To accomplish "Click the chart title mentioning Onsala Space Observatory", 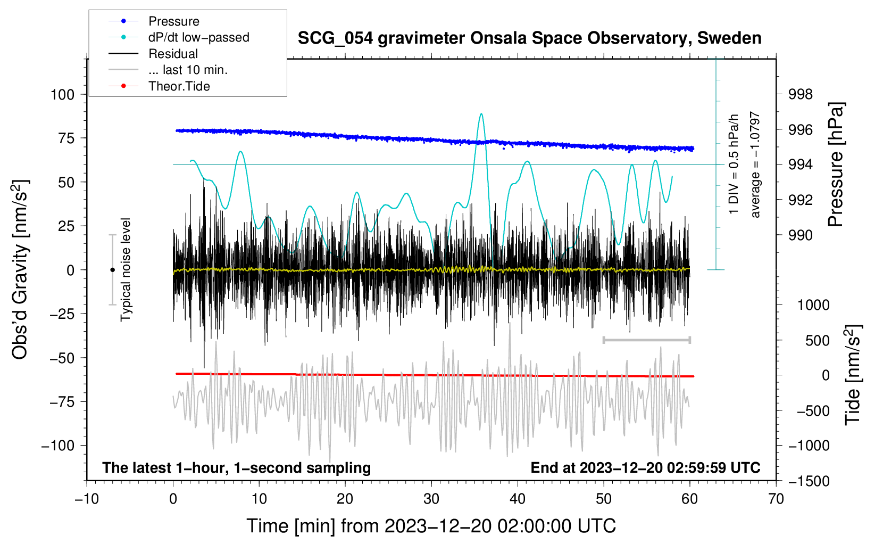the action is click(x=529, y=38).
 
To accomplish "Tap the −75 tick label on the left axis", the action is click(x=62, y=402).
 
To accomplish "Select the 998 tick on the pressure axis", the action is click(x=800, y=94).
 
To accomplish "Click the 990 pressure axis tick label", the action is click(x=800, y=235).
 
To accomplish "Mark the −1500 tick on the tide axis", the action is click(x=809, y=481).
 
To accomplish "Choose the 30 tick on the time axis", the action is click(x=431, y=499).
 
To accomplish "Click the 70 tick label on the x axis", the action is click(x=776, y=499).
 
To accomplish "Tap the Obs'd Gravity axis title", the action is click(x=20, y=269).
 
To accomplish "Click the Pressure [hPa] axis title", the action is click(x=835, y=164).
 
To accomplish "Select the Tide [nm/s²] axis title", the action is click(x=853, y=375).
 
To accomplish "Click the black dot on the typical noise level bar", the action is click(x=112, y=270).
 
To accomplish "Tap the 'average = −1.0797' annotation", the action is click(x=755, y=164).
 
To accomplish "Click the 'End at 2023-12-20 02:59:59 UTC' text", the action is click(x=645, y=467).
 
